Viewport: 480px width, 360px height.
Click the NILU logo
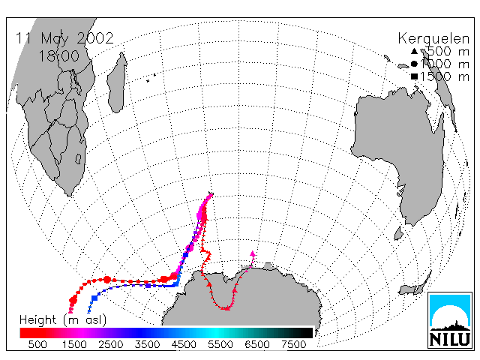coord(450,320)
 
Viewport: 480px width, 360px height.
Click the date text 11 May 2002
coord(64,38)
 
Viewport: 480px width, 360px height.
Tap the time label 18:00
coord(59,55)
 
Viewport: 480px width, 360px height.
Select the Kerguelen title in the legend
coord(433,39)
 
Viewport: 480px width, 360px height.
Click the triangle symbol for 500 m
coord(414,51)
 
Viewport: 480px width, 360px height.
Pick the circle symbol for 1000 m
coord(414,64)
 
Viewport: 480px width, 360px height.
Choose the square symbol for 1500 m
coord(414,76)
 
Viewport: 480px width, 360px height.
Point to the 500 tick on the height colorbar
coord(37,345)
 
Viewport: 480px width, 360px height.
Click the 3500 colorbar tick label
coord(147,345)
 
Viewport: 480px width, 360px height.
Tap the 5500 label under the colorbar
coord(220,345)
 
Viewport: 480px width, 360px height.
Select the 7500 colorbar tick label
coord(293,345)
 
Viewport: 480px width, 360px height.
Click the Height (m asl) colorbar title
coord(63,320)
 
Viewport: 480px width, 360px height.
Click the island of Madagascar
coord(116,82)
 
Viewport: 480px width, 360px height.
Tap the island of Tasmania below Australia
coord(398,233)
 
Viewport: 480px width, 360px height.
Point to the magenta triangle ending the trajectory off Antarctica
coord(253,253)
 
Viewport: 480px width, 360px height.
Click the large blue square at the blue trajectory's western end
coord(94,298)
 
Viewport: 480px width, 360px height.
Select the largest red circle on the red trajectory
coord(106,280)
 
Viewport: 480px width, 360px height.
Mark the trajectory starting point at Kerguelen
coord(211,193)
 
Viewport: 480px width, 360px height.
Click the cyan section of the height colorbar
coord(215,333)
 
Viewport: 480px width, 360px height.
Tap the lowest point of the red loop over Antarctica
coord(226,308)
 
